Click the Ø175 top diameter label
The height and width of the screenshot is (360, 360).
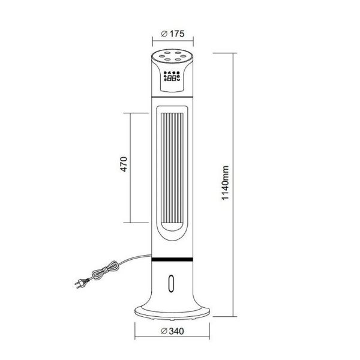coord(172,34)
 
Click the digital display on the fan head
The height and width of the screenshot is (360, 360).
coord(172,77)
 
